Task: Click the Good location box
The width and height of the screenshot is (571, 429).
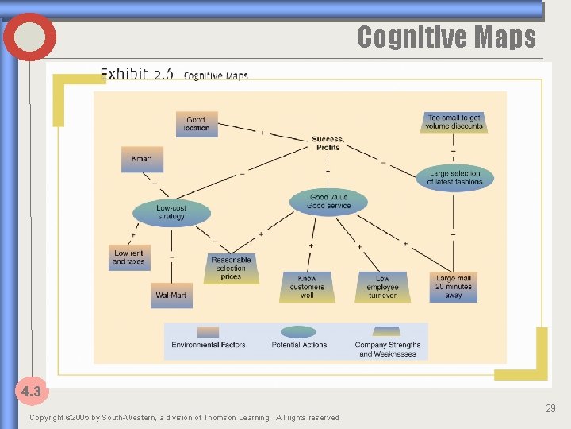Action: coord(197,124)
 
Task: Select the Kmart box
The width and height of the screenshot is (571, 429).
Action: coord(142,159)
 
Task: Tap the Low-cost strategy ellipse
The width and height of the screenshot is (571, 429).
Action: coord(171,212)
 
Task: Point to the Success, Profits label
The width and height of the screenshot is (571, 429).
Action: coord(328,143)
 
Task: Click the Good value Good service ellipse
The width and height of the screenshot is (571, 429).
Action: coord(328,201)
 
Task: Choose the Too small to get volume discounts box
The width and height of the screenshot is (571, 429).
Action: coord(454,122)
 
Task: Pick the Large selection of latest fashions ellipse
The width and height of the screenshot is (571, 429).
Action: coord(454,178)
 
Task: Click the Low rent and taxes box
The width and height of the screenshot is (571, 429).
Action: coord(128,257)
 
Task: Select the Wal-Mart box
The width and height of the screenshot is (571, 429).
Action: coord(171,295)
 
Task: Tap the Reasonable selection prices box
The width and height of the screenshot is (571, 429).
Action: coord(231,269)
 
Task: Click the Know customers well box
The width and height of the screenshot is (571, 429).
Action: coord(307,287)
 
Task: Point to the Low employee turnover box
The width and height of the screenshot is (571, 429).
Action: coord(382,287)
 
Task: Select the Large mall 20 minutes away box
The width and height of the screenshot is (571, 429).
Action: coord(454,287)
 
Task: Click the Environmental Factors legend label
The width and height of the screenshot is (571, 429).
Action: coord(209,345)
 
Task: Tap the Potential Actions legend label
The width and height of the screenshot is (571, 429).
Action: coord(298,345)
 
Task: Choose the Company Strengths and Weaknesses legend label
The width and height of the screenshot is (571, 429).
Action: coord(388,349)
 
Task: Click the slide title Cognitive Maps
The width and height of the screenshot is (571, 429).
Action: coord(446,37)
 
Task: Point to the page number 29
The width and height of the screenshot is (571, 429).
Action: coord(550,408)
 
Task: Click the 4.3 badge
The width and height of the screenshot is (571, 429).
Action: coord(31,391)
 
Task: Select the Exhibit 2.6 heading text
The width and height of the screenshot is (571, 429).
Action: coord(137,75)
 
